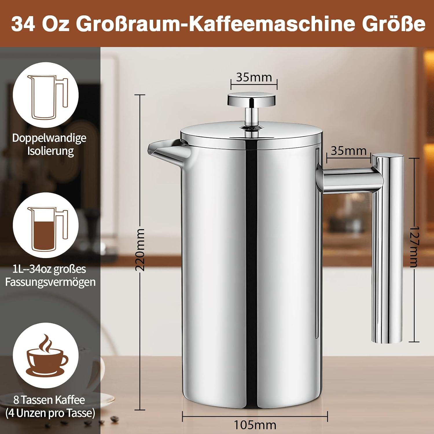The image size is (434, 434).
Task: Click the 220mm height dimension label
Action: [140, 249]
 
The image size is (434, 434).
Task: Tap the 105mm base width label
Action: [255, 425]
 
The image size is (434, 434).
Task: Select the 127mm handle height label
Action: [414, 247]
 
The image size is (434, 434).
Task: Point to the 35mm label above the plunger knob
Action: [254, 77]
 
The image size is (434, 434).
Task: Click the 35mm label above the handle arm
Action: [348, 151]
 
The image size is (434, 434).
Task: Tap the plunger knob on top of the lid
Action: [251, 99]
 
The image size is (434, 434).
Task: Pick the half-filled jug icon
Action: [47, 229]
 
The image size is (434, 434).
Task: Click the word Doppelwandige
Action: [49, 138]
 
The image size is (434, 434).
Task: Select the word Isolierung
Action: [51, 151]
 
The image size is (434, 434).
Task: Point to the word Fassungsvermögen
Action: [50, 282]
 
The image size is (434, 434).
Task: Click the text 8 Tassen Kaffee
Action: [49, 400]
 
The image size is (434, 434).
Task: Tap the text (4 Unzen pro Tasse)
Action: [50, 413]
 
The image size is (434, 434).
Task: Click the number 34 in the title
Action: [23, 24]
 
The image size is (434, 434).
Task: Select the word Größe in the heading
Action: [394, 24]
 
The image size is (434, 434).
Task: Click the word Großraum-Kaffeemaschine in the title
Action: [216, 24]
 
